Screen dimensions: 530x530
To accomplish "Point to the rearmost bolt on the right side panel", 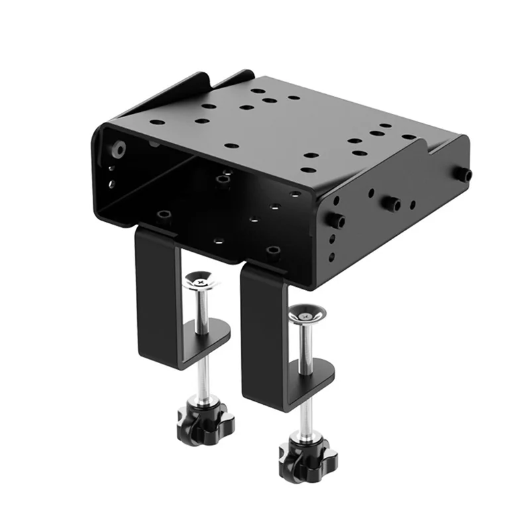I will pyautogui.click(x=464, y=174).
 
